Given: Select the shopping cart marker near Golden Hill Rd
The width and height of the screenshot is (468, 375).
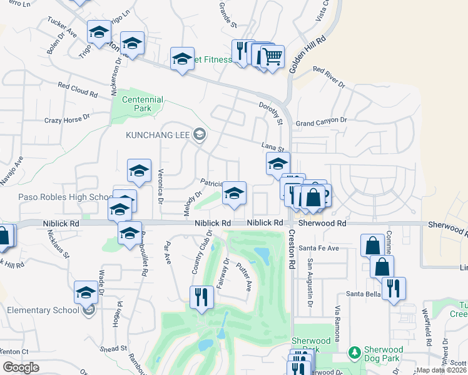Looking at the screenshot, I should [x=272, y=57].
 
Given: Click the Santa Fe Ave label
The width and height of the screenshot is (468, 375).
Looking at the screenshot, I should [x=318, y=248].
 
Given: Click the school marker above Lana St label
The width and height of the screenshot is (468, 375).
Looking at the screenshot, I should [x=278, y=165].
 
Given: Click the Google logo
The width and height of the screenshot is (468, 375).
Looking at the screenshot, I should [x=21, y=367].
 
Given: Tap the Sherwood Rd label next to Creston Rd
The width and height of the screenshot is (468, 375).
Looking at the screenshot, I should [x=322, y=223].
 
